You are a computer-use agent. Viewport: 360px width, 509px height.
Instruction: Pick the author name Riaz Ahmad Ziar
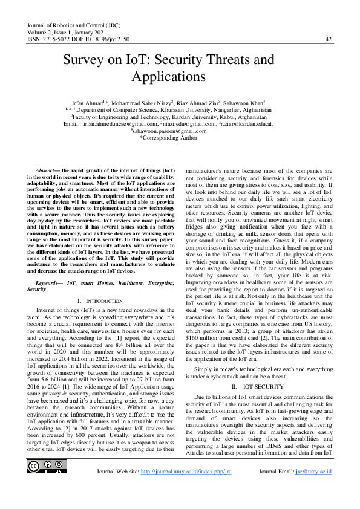[x=199, y=103]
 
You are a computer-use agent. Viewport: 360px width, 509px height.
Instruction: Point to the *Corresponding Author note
[x=169, y=137]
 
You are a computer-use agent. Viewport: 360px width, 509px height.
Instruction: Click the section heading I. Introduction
[x=101, y=300]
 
